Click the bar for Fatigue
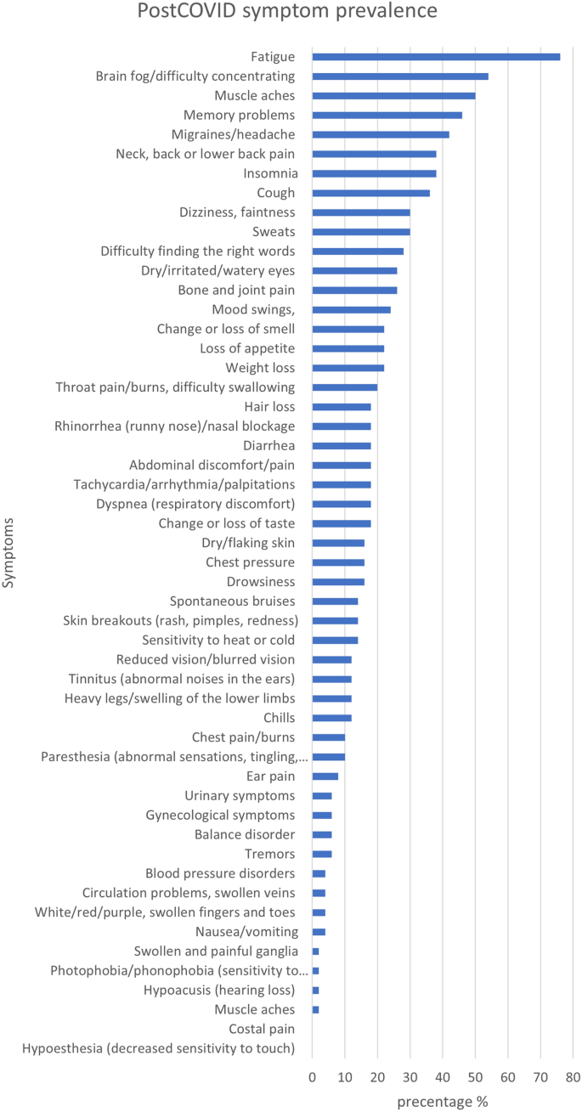pos(436,57)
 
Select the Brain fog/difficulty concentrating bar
pos(400,76)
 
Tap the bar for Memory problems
pos(387,116)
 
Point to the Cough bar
pos(371,193)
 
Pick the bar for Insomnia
pos(375,174)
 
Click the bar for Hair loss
pos(342,407)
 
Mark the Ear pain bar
pos(325,776)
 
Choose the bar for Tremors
pos(322,854)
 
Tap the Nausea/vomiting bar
pos(319,932)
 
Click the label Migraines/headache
pos(233,134)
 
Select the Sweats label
pos(274,232)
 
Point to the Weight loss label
pos(260,368)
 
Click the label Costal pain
pos(262,1029)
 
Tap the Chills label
pos(279,718)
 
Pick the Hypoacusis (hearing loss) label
pos(219,991)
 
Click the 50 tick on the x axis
pos(475,1077)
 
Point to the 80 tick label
pos(573,1077)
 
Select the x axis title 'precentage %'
pos(443,1102)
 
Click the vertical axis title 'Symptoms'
pos(8,553)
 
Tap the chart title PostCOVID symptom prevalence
pos(287,10)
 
